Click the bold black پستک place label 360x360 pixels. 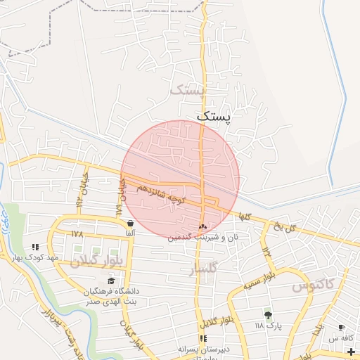tap(213, 116)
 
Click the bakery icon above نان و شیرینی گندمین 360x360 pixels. tap(202, 226)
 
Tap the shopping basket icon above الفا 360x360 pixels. tap(130, 223)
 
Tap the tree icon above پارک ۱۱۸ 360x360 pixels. tap(267, 314)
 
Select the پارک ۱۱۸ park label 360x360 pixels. tap(267, 326)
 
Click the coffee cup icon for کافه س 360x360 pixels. tap(341, 327)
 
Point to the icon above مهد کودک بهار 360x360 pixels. tap(35, 247)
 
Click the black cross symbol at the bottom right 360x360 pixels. tap(352, 351)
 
